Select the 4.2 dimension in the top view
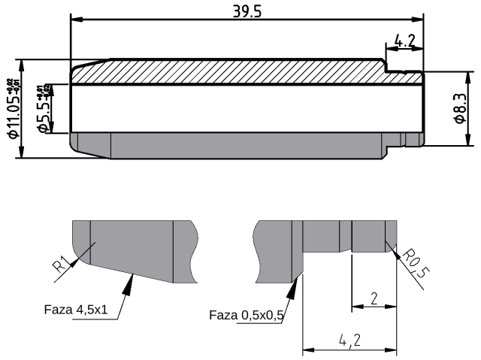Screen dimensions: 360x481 (404, 42)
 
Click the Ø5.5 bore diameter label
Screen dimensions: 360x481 (44, 110)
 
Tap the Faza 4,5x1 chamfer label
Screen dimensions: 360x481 (75, 309)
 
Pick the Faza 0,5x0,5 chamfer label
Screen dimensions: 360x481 (246, 316)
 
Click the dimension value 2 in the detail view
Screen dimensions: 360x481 (374, 298)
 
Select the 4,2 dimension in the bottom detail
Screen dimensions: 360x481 (349, 340)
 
